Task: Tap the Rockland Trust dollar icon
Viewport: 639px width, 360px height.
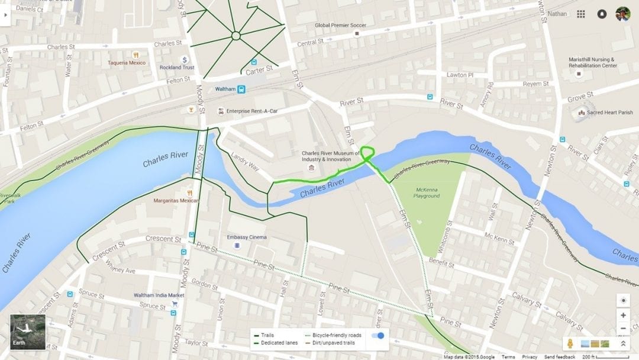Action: (x=185, y=60)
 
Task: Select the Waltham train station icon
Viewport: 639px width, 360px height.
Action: (x=241, y=89)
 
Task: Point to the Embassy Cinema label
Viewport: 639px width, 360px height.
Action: (x=247, y=237)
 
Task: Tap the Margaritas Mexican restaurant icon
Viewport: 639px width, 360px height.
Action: (x=189, y=192)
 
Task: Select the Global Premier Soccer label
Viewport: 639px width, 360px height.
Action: (x=340, y=25)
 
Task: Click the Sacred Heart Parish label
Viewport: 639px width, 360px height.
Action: (x=609, y=112)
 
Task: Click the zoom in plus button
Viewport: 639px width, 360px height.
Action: (x=623, y=316)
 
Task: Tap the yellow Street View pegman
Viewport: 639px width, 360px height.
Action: (x=570, y=343)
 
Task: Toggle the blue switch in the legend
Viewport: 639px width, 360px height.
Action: (x=377, y=336)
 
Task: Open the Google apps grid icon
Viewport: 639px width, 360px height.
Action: (x=581, y=14)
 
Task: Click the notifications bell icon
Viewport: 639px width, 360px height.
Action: (x=602, y=14)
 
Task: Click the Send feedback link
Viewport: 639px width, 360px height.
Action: (x=560, y=357)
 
